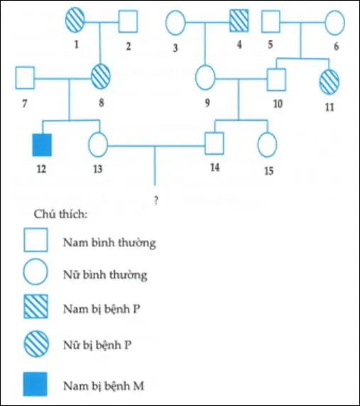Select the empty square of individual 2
[x=128, y=22]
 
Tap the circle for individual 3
[x=175, y=22]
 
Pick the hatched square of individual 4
[x=239, y=22]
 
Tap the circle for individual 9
[x=205, y=77]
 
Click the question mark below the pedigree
[x=155, y=199]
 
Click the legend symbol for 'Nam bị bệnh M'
[x=37, y=385]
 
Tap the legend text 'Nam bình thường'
[x=108, y=243]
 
